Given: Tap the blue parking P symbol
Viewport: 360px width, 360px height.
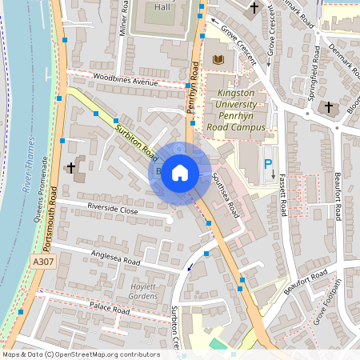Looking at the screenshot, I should [268, 163].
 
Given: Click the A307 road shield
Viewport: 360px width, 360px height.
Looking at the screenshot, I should [45, 262].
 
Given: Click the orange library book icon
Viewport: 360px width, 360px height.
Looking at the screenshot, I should [218, 59].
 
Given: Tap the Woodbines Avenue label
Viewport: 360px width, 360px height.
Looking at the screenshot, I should [126, 82].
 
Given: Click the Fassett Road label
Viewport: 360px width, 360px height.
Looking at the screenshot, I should [283, 196].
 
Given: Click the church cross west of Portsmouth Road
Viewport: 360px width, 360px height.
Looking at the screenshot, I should [71, 168].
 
